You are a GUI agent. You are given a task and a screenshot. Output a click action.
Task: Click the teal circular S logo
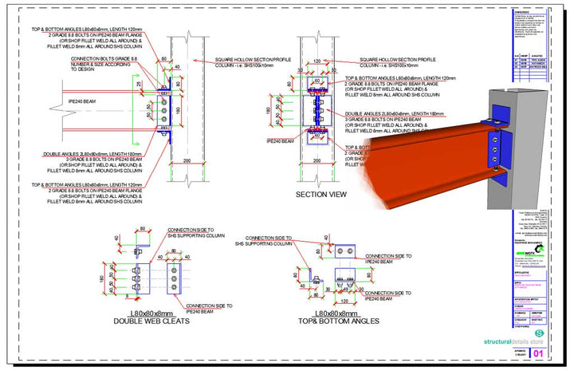(x=539, y=334)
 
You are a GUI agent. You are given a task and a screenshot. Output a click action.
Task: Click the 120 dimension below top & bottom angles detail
(x=342, y=302)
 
